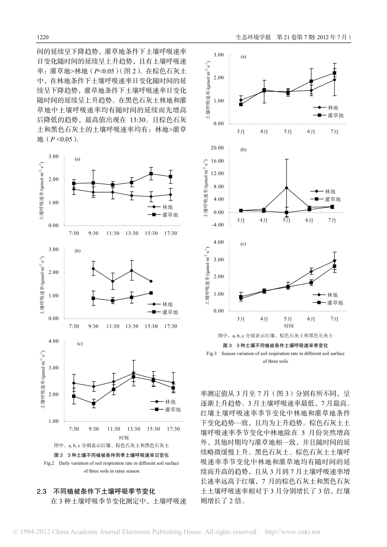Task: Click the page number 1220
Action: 43,37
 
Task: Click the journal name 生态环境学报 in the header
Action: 253,37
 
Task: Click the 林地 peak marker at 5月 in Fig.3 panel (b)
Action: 287,188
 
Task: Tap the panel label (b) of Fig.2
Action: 77,251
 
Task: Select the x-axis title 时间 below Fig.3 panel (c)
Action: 288,326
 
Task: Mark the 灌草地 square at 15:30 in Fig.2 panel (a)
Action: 151,174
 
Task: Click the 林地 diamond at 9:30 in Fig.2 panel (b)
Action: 93,269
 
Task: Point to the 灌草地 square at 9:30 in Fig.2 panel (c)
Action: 93,403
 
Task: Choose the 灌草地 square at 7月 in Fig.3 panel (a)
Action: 334,73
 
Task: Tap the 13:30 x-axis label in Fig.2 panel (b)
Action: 132,326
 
